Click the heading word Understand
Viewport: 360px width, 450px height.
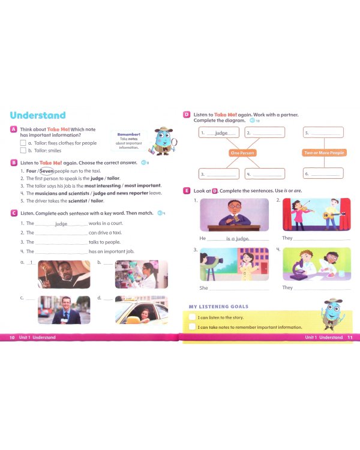(38, 115)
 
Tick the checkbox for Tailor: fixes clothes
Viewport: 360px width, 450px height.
(23, 143)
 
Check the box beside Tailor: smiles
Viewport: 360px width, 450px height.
(23, 151)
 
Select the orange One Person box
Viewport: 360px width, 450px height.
(242, 153)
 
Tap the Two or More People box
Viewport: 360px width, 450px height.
(324, 153)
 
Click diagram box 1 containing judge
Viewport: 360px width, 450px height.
(218, 133)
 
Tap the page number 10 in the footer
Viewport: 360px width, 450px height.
(12, 338)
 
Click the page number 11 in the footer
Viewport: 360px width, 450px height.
(350, 338)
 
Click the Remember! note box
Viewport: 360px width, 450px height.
(129, 140)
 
